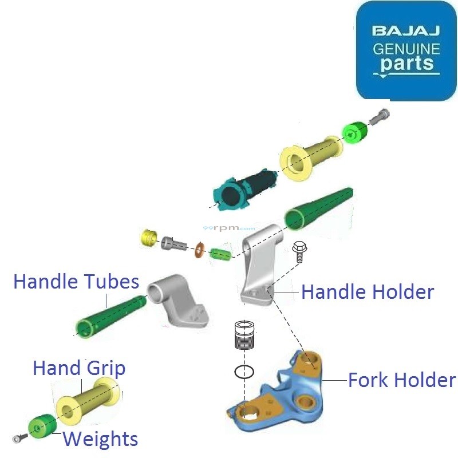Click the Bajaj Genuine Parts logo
coord(406,50)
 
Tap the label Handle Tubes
coord(76,282)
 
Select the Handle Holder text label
coord(367,292)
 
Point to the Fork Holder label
coord(402,380)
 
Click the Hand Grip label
coord(78,368)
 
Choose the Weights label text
coord(100,439)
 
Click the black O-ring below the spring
coord(244,372)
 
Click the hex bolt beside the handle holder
coord(298,251)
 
